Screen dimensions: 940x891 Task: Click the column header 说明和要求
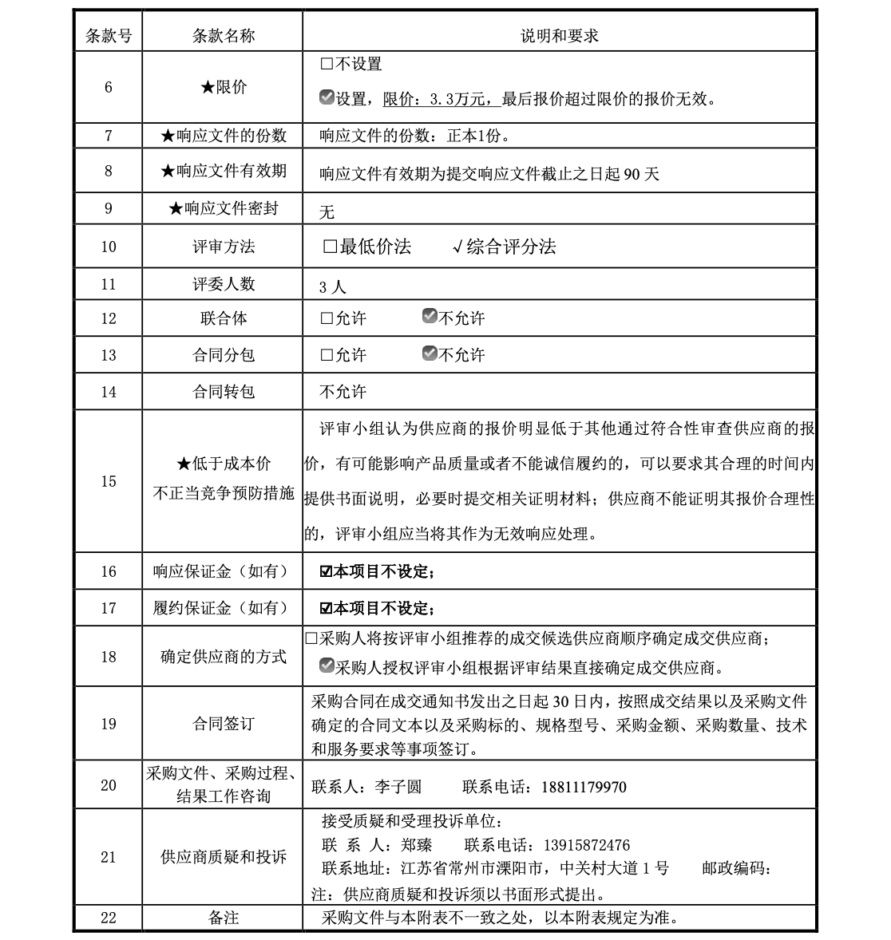coord(559,36)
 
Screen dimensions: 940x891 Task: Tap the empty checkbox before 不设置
coord(326,64)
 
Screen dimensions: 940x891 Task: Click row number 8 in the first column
coord(109,172)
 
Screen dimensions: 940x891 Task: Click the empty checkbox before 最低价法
coord(330,247)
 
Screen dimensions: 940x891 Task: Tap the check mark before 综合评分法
coord(457,247)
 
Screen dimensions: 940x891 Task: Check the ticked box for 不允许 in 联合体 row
coord(430,317)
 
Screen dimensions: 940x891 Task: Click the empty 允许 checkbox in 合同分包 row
coord(326,354)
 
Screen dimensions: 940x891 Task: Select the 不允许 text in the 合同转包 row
coord(343,392)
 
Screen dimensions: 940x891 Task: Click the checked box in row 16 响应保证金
coord(326,572)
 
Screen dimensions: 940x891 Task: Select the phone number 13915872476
coord(586,845)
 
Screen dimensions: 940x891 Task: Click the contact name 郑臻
coord(417,845)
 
